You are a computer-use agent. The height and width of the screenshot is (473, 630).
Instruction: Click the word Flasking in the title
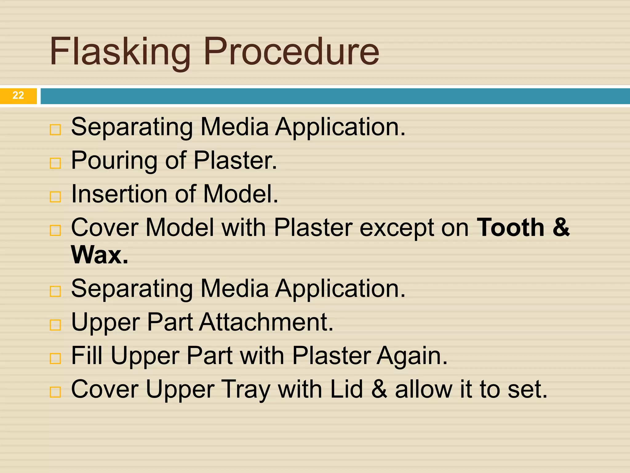click(120, 52)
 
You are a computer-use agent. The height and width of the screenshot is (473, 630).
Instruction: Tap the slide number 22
click(18, 95)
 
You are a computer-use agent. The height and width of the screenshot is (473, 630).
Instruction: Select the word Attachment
click(266, 322)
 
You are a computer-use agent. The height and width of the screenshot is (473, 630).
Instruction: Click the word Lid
click(346, 389)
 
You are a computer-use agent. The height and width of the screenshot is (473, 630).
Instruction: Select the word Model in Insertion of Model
click(241, 194)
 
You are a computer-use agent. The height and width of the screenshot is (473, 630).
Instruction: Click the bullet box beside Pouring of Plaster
click(55, 163)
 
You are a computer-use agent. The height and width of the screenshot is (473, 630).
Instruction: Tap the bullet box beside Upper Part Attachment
click(55, 325)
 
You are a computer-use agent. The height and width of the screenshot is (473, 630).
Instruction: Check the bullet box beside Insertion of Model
click(55, 196)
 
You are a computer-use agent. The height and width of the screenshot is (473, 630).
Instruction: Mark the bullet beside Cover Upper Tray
click(55, 392)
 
